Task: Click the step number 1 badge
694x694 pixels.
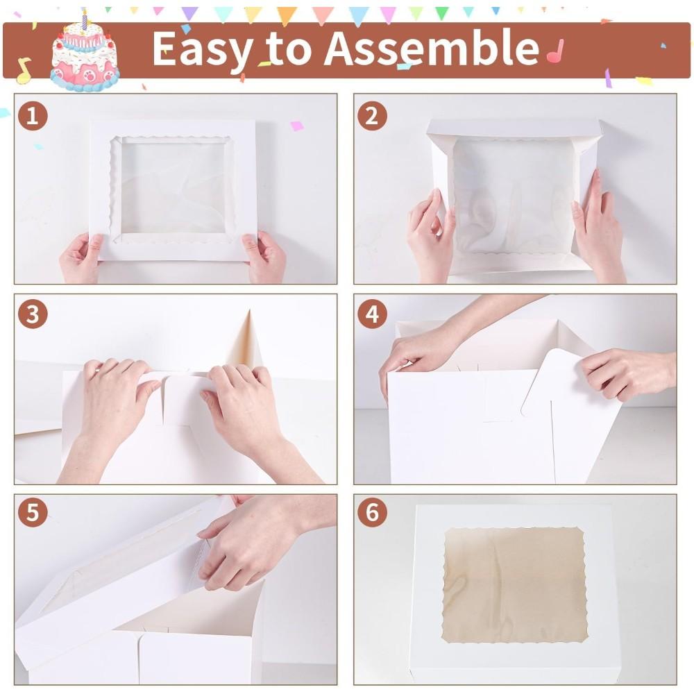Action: (33, 117)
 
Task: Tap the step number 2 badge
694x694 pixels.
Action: (372, 117)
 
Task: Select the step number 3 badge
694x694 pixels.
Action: (33, 315)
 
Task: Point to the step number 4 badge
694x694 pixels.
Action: (372, 315)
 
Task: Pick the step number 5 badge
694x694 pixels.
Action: (33, 514)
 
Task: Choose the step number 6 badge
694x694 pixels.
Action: (372, 514)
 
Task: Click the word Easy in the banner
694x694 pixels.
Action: (200, 49)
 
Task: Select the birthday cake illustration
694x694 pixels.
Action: (85, 59)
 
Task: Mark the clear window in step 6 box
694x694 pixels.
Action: (514, 585)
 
